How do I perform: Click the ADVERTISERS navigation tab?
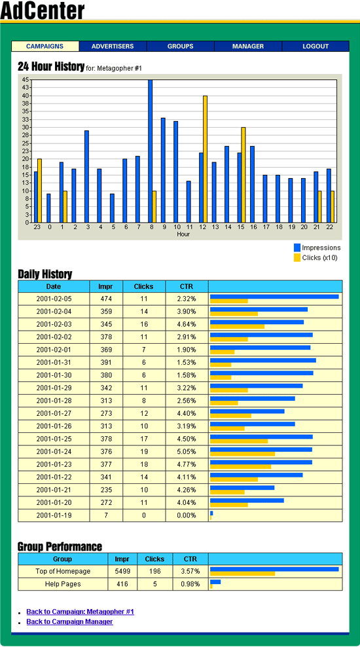(113, 46)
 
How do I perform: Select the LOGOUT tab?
(315, 46)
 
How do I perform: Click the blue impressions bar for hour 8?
(150, 151)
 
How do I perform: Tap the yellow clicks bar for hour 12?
(205, 159)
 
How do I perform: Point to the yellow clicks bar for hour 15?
(243, 175)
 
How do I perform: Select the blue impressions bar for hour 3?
(86, 177)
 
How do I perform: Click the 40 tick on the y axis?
(26, 96)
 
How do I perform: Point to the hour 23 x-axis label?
(37, 227)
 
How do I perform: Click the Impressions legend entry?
(317, 248)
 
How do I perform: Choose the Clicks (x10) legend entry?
(315, 258)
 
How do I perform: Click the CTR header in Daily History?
(187, 286)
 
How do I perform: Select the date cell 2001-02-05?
(54, 299)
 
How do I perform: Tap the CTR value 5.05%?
(187, 451)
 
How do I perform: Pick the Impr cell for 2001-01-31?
(106, 362)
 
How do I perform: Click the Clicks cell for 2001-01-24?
(144, 451)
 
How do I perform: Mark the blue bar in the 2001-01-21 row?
(242, 487)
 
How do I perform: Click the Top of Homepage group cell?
(63, 572)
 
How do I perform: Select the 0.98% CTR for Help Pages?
(190, 584)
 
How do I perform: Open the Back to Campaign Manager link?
(69, 621)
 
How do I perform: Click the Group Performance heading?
(60, 547)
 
